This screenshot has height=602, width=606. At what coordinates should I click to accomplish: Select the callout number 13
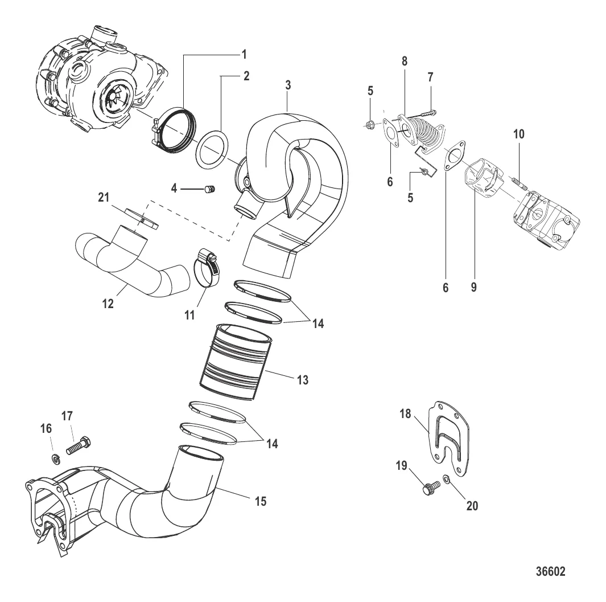point(302,379)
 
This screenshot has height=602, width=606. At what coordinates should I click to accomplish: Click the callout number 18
point(405,414)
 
